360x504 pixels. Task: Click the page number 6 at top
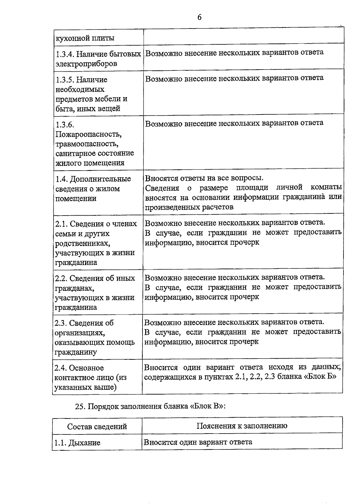click(x=199, y=18)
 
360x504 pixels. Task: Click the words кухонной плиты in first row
click(x=85, y=38)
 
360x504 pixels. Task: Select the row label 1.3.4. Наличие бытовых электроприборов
click(x=98, y=59)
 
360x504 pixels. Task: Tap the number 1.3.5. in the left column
click(x=65, y=80)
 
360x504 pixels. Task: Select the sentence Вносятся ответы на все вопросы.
click(x=204, y=178)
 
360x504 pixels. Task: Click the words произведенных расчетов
click(x=189, y=207)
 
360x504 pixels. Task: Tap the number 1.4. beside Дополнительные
click(x=62, y=179)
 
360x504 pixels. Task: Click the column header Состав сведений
click(x=97, y=426)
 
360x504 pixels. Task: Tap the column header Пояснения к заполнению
click(x=242, y=426)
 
